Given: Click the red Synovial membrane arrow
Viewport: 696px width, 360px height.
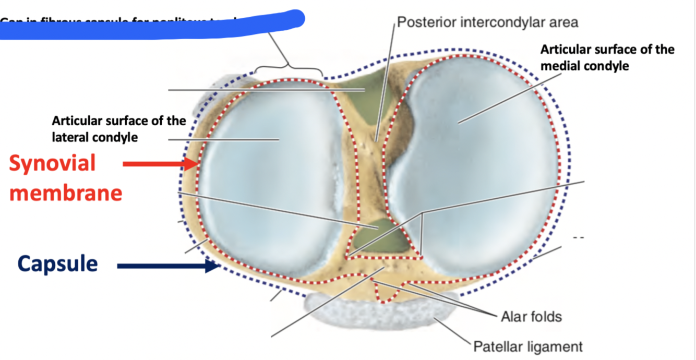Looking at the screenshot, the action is pyautogui.click(x=159, y=164).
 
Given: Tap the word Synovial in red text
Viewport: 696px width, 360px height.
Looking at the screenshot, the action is pyautogui.click(x=52, y=163).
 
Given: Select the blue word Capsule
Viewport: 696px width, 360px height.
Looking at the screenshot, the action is pyautogui.click(x=57, y=263).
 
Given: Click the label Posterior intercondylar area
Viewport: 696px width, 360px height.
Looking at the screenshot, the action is pyautogui.click(x=488, y=22).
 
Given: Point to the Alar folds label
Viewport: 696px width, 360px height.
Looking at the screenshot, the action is pyautogui.click(x=531, y=316).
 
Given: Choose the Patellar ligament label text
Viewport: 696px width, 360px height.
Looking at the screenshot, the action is pyautogui.click(x=527, y=346).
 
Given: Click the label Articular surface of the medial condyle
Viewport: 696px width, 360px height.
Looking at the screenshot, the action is pyautogui.click(x=607, y=58).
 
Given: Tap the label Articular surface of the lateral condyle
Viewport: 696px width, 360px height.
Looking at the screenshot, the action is pyautogui.click(x=118, y=129).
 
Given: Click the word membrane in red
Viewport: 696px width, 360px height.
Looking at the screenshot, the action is pyautogui.click(x=66, y=193).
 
